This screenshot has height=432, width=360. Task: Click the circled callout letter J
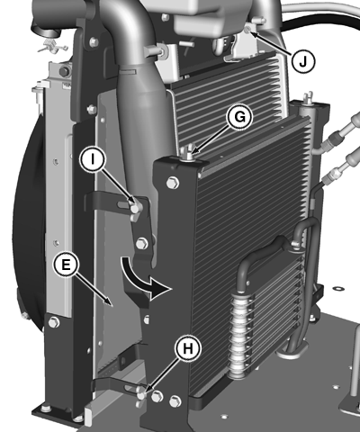pyautogui.click(x=303, y=61)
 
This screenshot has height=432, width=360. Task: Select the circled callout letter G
pyautogui.click(x=239, y=117)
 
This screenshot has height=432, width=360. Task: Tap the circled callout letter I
pyautogui.click(x=93, y=160)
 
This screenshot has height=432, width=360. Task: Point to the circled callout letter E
pyautogui.click(x=66, y=265)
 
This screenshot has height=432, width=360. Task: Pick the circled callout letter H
pyautogui.click(x=188, y=348)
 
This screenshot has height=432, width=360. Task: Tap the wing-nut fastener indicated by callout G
pyautogui.click(x=188, y=152)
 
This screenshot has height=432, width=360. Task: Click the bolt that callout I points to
pyautogui.click(x=135, y=207)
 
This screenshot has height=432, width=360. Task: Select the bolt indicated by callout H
pyautogui.click(x=140, y=392)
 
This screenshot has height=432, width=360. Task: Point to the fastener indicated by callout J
pyautogui.click(x=247, y=30)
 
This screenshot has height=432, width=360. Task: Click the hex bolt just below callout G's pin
pyautogui.click(x=172, y=183)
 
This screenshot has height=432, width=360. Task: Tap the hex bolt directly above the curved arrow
pyautogui.click(x=141, y=243)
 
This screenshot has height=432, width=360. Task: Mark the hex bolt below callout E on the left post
pyautogui.click(x=54, y=322)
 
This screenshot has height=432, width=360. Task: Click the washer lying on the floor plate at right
pyautogui.click(x=338, y=289)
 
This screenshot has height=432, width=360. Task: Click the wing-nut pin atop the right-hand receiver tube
pyautogui.click(x=309, y=98)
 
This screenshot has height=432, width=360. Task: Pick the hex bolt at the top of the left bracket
pyautogui.click(x=94, y=41)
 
